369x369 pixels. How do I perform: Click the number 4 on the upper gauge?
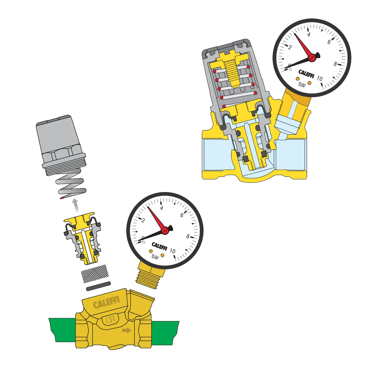click(309, 35)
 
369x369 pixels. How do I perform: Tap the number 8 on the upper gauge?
click(335, 64)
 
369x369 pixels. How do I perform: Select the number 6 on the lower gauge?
click(182, 215)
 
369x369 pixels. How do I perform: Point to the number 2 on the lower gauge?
click(143, 220)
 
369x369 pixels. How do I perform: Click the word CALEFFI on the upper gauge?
click(307, 74)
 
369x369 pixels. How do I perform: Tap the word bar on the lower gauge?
click(155, 256)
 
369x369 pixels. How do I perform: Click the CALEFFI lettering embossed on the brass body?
click(107, 302)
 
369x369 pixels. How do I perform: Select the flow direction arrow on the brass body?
click(127, 330)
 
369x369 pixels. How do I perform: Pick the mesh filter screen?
click(95, 274)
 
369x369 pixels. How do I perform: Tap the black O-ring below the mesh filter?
click(98, 286)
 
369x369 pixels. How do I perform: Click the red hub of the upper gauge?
click(312, 57)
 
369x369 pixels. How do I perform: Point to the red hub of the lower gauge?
click(165, 230)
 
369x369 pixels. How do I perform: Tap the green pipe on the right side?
click(165, 333)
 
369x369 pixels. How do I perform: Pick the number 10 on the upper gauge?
click(320, 78)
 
